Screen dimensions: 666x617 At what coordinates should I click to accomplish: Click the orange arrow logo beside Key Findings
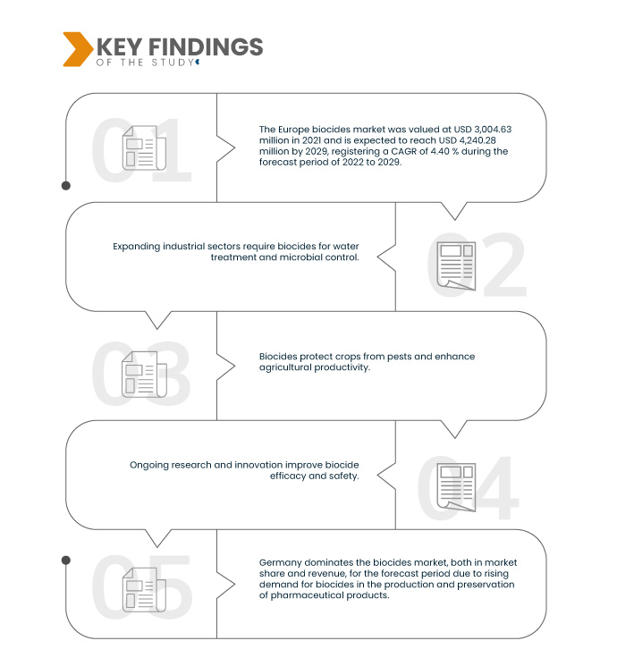click(76, 49)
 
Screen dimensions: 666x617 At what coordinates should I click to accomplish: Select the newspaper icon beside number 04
click(455, 486)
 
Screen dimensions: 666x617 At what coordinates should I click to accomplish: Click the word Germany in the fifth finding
click(279, 563)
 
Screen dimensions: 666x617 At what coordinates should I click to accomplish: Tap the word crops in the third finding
click(336, 357)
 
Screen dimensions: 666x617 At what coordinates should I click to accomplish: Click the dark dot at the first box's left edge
click(65, 186)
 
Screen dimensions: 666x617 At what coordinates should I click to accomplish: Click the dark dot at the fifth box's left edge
click(65, 561)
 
